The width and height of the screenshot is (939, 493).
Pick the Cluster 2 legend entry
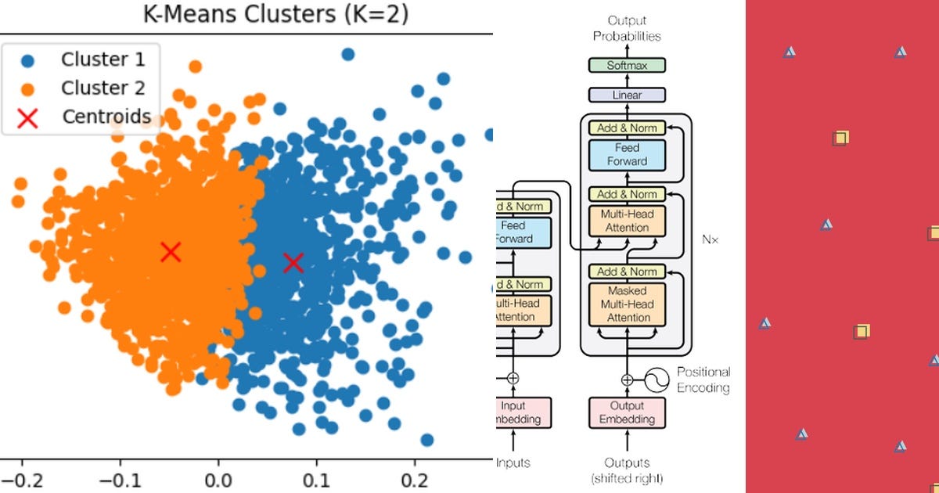click(102, 88)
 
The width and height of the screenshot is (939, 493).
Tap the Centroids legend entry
click(106, 117)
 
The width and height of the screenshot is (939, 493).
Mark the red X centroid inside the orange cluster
click(171, 252)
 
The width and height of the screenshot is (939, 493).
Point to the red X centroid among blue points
click(293, 263)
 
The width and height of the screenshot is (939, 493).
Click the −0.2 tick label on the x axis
click(17, 477)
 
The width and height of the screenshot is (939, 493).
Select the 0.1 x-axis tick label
click(317, 477)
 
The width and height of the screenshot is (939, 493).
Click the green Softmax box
click(627, 66)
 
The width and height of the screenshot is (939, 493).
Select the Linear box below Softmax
click(627, 95)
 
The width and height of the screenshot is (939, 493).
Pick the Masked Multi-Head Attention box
click(628, 304)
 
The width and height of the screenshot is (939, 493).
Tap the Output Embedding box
click(628, 412)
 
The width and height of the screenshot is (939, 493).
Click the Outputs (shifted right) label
click(628, 470)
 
